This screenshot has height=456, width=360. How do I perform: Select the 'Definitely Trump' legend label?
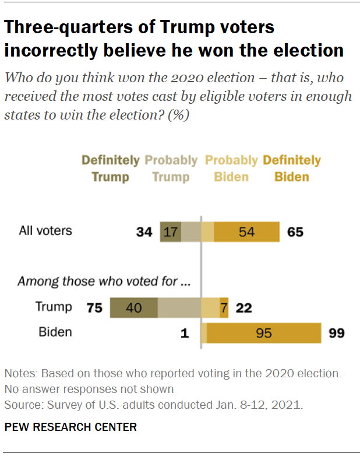click(x=110, y=168)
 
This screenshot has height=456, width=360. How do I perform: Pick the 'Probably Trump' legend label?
click(x=171, y=168)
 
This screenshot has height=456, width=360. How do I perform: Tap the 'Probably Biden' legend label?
click(x=231, y=168)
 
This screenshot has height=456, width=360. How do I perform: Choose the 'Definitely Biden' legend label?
click(x=292, y=168)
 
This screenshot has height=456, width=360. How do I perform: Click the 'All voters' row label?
click(x=45, y=230)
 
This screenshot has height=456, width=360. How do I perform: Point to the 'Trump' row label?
click(x=54, y=307)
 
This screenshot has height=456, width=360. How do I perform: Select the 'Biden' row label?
click(x=55, y=332)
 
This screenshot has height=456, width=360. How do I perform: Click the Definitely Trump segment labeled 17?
click(x=171, y=231)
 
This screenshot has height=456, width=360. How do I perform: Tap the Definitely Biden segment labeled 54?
click(x=247, y=231)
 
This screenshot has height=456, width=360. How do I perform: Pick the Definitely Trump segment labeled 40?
click(x=133, y=307)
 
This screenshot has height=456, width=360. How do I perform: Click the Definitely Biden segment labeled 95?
click(x=264, y=333)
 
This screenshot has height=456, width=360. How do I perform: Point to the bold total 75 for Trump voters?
click(x=94, y=308)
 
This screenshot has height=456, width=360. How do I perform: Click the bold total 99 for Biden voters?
click(x=336, y=334)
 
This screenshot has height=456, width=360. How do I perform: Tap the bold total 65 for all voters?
click(x=295, y=232)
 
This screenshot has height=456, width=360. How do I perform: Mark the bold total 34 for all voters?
click(x=144, y=232)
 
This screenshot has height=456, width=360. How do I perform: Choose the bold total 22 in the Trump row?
click(x=243, y=308)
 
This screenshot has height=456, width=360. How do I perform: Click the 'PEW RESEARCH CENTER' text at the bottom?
click(x=70, y=427)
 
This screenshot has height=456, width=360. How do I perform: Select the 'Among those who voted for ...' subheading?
click(x=104, y=282)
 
